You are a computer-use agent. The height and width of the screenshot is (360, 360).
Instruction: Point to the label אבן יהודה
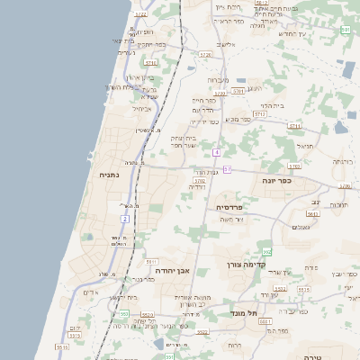coord(169,270)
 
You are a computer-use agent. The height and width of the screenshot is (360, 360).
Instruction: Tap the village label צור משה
coord(232,219)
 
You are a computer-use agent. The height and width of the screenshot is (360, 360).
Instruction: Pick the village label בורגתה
coord(342,161)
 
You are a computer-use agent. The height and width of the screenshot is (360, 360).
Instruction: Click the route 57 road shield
coord(228,169)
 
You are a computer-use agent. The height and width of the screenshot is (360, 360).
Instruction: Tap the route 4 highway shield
coord(217,152)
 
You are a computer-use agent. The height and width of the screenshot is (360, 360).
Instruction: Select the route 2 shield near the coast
coord(124,218)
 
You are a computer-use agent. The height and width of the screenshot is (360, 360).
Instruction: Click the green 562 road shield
coord(267,252)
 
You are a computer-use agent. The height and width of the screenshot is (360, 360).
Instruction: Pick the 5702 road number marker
coord(199,181)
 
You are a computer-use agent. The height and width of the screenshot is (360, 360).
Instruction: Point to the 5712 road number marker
coord(260,114)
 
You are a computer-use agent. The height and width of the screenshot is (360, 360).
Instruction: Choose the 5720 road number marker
coord(205,55)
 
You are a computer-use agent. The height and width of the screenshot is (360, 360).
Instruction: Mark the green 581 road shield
coord(346,31)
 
